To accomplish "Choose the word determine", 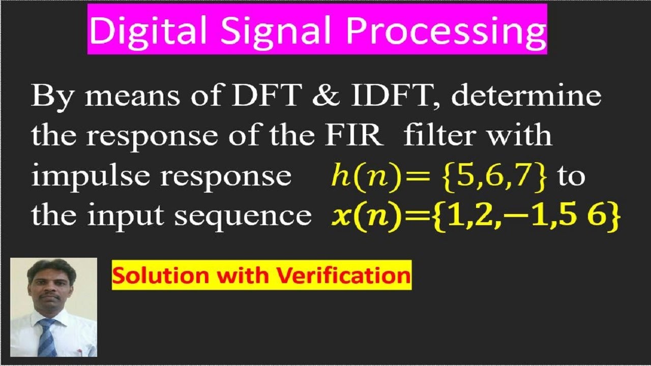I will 526,96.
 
